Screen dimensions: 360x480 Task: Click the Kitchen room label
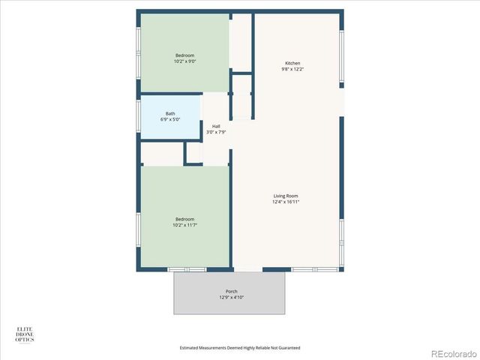tap(292, 63)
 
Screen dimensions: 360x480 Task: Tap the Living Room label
tap(286, 196)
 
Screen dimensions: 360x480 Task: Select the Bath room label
tap(170, 114)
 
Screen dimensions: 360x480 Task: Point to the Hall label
tap(216, 126)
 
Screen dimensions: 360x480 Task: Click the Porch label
tap(232, 291)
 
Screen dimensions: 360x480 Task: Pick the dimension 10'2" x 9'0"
tap(185, 61)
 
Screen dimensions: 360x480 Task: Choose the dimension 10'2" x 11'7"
tap(185, 225)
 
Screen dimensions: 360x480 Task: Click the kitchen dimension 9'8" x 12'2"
tap(292, 69)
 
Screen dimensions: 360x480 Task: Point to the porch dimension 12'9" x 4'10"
tap(232, 297)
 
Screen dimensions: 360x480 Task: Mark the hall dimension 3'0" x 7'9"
tap(216, 132)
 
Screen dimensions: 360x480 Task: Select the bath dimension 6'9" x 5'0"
tap(170, 120)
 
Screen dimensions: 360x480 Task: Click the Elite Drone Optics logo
tap(25, 334)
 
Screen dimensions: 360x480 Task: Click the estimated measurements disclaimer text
tap(240, 348)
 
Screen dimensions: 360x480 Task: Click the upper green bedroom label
tap(185, 55)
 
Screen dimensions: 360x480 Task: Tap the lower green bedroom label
tap(185, 219)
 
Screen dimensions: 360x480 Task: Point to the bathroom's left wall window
tap(138, 116)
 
